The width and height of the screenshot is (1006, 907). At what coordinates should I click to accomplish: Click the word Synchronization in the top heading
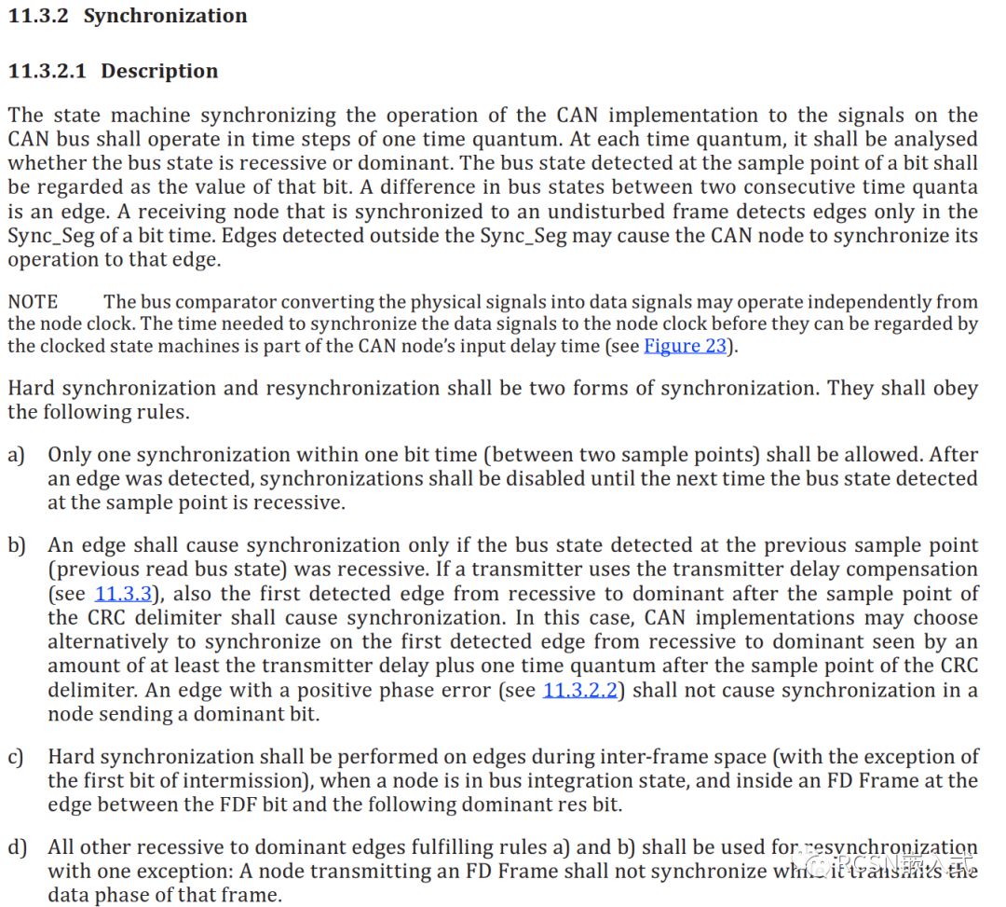coord(165,16)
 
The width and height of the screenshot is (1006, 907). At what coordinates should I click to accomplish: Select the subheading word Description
coord(159,71)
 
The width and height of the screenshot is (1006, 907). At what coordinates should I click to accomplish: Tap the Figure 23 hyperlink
coord(685,347)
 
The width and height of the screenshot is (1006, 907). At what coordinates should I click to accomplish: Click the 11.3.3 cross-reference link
coord(124,594)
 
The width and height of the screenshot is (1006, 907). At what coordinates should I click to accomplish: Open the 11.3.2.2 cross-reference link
coord(579,691)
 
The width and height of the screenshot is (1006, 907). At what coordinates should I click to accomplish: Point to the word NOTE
coord(33,302)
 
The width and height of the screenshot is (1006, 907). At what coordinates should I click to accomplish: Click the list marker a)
coord(16,455)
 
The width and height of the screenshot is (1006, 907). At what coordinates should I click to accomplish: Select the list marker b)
coord(17,545)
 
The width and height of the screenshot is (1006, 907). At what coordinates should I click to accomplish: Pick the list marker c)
coord(16,757)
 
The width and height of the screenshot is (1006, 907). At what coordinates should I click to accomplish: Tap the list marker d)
coord(17,847)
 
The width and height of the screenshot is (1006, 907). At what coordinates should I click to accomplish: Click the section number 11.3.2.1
coord(48,71)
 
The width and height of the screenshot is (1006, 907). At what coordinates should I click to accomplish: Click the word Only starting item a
coord(70,455)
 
